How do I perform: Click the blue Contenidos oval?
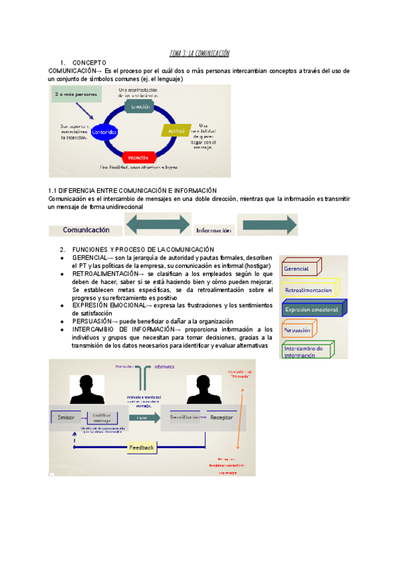[x=108, y=132]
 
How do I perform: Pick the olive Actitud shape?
[x=176, y=132]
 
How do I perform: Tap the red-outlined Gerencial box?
[x=301, y=268]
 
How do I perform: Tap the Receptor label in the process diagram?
[x=222, y=418]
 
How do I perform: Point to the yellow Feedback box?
[x=142, y=448]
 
